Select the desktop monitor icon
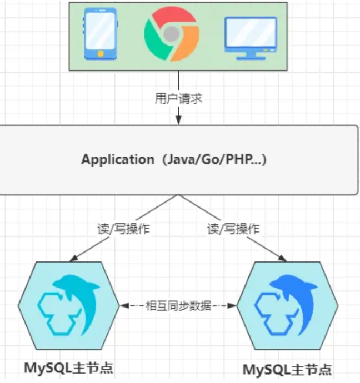pos(251,35)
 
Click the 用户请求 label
pos(178,99)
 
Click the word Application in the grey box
pos(118,160)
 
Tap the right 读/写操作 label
pos(233,228)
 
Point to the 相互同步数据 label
pos(178,306)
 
